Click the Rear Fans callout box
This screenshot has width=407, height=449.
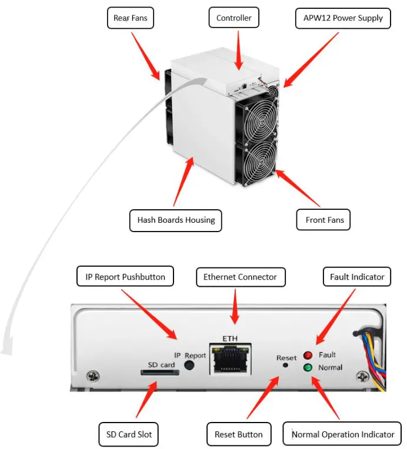point(131,18)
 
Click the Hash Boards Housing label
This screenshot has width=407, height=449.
point(176,220)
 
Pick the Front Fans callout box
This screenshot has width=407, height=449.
point(324,220)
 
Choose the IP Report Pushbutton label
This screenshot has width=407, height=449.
point(125,276)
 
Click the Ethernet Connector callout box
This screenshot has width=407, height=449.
point(240,276)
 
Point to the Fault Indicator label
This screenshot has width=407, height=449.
point(356,276)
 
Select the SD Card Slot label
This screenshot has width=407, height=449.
point(129,434)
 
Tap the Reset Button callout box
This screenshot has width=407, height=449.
point(238,434)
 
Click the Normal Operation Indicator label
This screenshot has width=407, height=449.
point(342,434)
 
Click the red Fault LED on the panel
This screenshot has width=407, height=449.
point(308,355)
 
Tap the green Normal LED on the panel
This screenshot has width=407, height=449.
point(308,368)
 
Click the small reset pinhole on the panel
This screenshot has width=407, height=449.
point(286,365)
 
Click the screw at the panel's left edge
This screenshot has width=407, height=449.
point(92,376)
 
